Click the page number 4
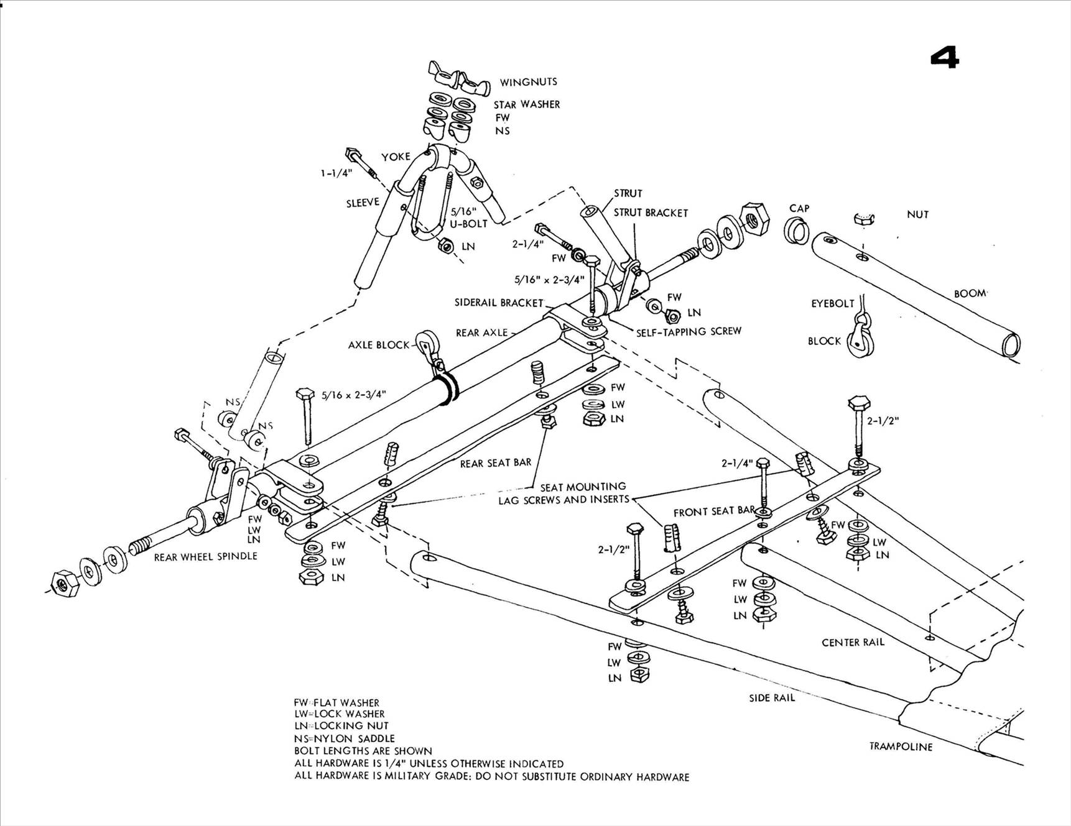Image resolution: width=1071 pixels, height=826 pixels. pyautogui.click(x=945, y=58)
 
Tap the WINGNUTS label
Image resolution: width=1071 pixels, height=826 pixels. pyautogui.click(x=528, y=82)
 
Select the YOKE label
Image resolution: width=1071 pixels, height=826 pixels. pyautogui.click(x=396, y=157)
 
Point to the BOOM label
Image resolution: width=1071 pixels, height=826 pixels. pyautogui.click(x=970, y=293)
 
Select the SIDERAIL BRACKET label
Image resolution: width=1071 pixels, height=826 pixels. pyautogui.click(x=499, y=303)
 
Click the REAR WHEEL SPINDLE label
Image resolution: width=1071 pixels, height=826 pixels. pyautogui.click(x=205, y=557)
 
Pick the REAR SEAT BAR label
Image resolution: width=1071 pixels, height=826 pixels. pyautogui.click(x=495, y=463)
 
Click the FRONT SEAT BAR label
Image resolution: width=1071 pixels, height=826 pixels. pyautogui.click(x=713, y=512)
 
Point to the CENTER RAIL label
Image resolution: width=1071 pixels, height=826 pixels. pyautogui.click(x=852, y=642)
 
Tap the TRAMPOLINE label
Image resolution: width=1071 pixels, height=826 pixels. pyautogui.click(x=900, y=746)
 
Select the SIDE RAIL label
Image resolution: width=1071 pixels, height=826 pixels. pyautogui.click(x=771, y=698)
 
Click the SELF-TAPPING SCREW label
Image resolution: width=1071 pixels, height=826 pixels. pyautogui.click(x=688, y=331)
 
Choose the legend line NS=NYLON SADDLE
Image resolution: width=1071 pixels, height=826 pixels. pyautogui.click(x=344, y=738)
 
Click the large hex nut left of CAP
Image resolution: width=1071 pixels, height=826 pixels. pyautogui.click(x=753, y=218)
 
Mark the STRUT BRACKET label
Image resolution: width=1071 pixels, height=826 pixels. pyautogui.click(x=650, y=213)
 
